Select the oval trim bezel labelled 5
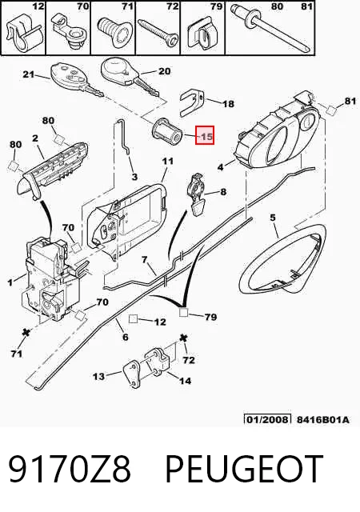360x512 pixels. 283,258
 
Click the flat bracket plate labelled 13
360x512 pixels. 132,374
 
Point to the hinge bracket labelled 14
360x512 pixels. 158,362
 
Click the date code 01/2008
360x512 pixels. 267,419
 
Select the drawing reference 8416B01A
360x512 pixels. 322,419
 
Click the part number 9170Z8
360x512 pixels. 70,470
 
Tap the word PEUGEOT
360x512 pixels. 245,470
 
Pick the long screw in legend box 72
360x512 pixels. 158,32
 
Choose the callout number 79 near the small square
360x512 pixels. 210,317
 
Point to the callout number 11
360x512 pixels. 168,161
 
